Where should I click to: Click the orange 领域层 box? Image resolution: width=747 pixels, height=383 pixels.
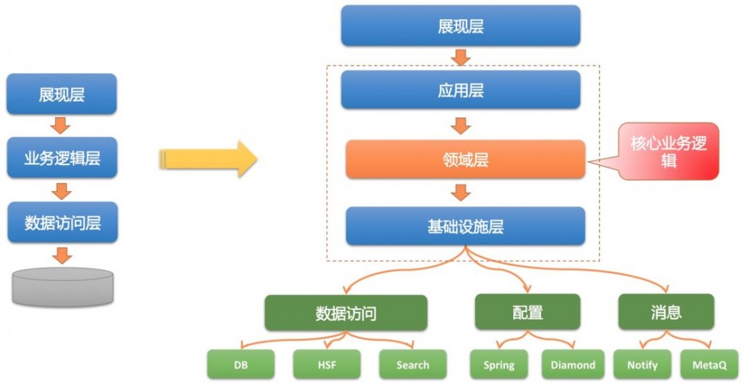pos(465,159)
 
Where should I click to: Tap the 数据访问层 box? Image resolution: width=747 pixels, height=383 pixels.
pos(62,222)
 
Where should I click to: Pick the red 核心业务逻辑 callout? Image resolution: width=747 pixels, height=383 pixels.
pos(669,152)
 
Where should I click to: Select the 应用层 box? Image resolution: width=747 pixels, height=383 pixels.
pos(461,90)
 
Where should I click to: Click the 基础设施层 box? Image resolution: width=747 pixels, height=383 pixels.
pos(465,226)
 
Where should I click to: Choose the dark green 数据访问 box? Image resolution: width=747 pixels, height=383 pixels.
pos(346,313)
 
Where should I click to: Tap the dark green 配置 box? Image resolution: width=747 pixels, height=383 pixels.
pos(527,312)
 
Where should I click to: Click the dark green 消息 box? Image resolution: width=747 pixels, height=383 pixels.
pos(666,311)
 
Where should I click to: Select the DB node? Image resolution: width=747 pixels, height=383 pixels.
pos(241,364)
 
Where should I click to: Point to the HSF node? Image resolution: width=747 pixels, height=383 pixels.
pos(326,364)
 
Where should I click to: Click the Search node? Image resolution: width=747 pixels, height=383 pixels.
pos(412,364)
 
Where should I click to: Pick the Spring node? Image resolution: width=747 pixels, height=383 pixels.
pos(498,364)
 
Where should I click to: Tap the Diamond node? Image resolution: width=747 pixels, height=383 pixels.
pos(573,364)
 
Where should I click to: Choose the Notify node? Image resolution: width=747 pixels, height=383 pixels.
pos(642,364)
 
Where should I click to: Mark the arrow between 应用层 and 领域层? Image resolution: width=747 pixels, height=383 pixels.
pos(462,124)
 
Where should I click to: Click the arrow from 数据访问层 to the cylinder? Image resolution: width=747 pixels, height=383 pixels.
pos(63,255)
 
